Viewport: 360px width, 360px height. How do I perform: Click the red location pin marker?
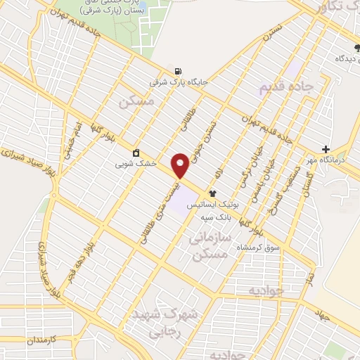[x=181, y=165]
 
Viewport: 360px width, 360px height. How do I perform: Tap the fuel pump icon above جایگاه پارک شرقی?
[x=178, y=71]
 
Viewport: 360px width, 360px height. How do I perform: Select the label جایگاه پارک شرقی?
[x=179, y=82]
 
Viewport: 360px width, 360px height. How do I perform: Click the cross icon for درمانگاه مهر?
[x=326, y=149]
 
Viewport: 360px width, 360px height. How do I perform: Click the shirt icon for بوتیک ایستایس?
[x=212, y=193]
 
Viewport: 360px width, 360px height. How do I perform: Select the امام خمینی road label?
[x=75, y=136]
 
